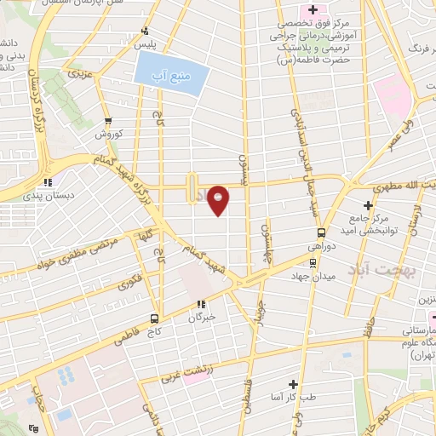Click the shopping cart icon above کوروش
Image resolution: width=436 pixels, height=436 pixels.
[108, 122]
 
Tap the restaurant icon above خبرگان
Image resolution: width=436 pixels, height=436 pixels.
[201, 304]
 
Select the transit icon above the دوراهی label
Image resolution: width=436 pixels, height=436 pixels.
[321, 232]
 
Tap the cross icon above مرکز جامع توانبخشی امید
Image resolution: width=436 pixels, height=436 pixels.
[368, 204]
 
